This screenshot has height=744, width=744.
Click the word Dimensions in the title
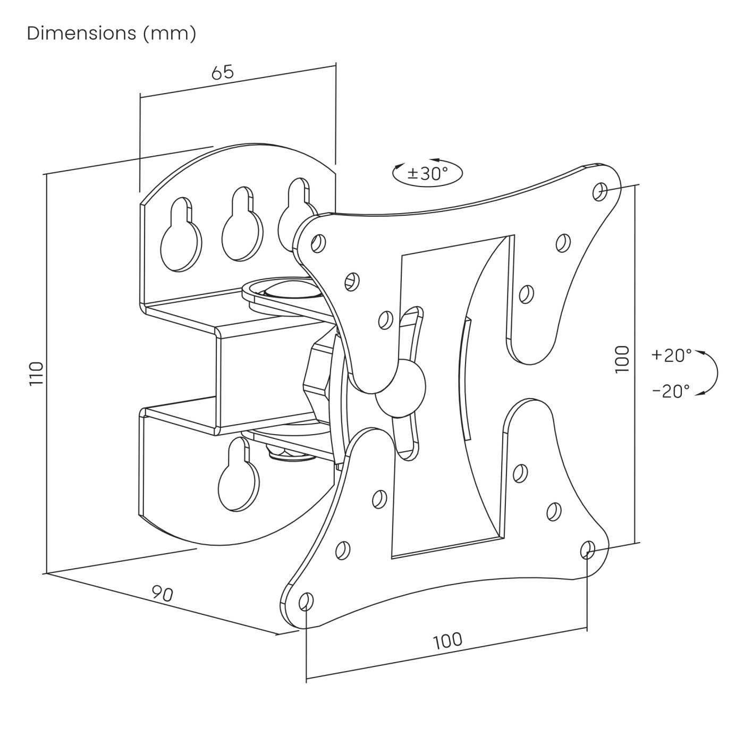(81, 33)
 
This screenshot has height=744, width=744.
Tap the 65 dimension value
(223, 72)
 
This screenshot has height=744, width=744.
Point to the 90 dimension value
(163, 594)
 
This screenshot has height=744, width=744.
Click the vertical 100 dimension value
(622, 359)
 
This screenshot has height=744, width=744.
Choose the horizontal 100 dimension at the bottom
(448, 640)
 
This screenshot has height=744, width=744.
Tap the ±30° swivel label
(428, 173)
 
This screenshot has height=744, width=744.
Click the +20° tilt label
(672, 355)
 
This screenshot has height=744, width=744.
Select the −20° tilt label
(671, 391)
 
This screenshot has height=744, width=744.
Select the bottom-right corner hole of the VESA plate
(587, 549)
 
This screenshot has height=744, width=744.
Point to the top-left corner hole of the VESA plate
(318, 243)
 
